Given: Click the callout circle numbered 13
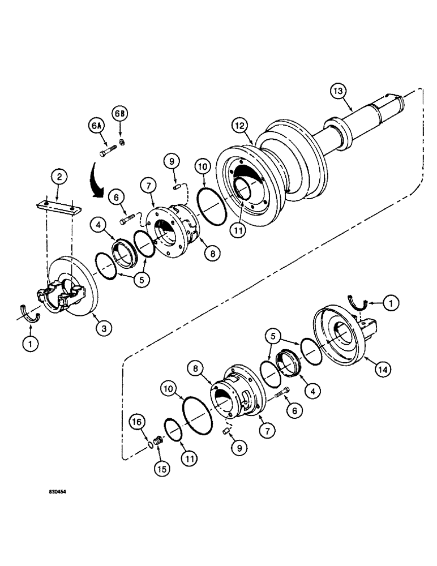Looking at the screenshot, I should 338,91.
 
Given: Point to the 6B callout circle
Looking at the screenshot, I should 120,113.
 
